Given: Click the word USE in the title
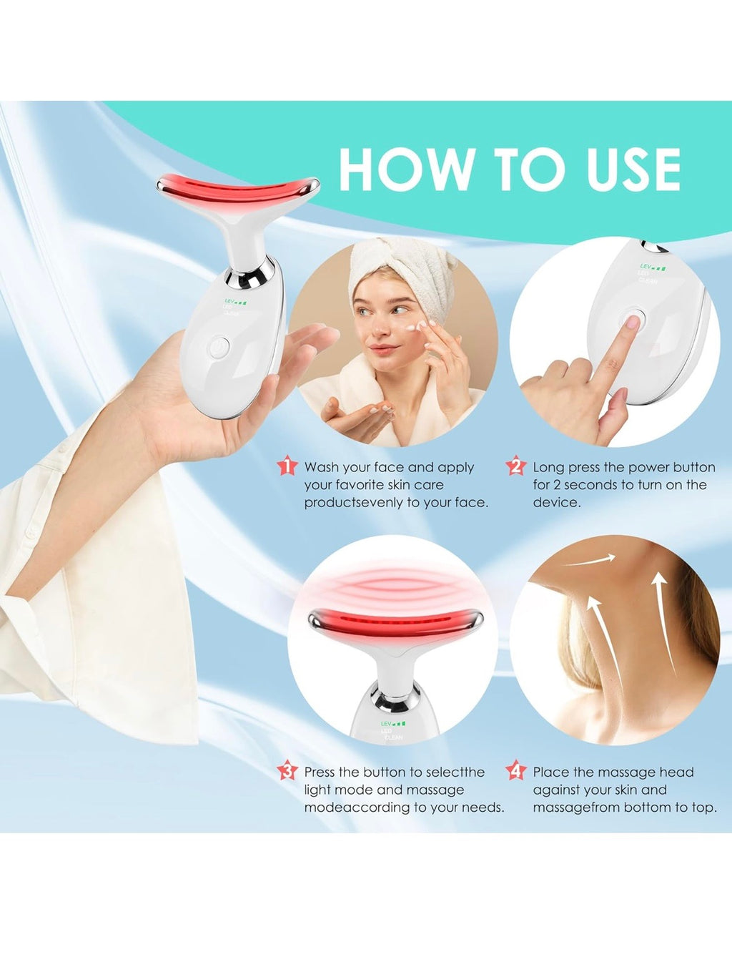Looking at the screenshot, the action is coord(633,170).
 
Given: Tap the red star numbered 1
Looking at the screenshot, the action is coord(287,466).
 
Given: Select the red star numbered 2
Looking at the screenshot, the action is coord(516,466).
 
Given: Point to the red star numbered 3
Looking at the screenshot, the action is coord(287,771).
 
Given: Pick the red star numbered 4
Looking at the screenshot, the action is coord(516,771).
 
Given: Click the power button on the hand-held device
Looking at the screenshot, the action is coord(219,348).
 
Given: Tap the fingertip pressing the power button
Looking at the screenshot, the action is coord(631,323).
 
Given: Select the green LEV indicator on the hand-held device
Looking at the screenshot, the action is coord(236,301).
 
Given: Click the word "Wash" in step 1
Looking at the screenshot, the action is coord(322,467).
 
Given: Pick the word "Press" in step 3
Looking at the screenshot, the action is coord(320,772).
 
